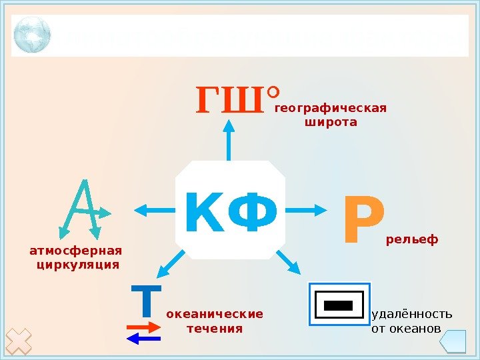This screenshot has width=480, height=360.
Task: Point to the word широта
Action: pos(331,123)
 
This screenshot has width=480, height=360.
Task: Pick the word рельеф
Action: pos(412,238)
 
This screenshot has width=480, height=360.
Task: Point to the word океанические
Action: pos(215,314)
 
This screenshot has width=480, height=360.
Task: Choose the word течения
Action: pos(215,329)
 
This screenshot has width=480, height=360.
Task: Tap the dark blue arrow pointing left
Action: pos(143,339)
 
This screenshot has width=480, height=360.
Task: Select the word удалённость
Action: pos(411,314)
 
